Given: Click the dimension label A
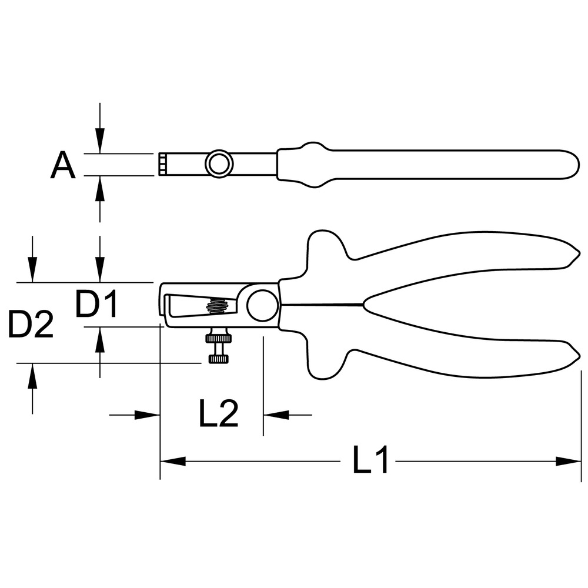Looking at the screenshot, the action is (x=63, y=166).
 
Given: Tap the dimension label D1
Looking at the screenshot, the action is (x=97, y=303).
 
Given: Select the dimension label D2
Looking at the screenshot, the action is (x=31, y=324).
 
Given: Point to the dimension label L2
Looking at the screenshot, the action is (x=219, y=413).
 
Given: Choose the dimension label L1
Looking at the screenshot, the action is (x=370, y=459).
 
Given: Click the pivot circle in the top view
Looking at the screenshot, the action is (x=219, y=164).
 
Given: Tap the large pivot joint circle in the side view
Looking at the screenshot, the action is (x=263, y=305).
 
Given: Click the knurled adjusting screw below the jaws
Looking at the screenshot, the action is (x=218, y=345).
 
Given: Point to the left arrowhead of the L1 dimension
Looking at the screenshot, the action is (x=173, y=461).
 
